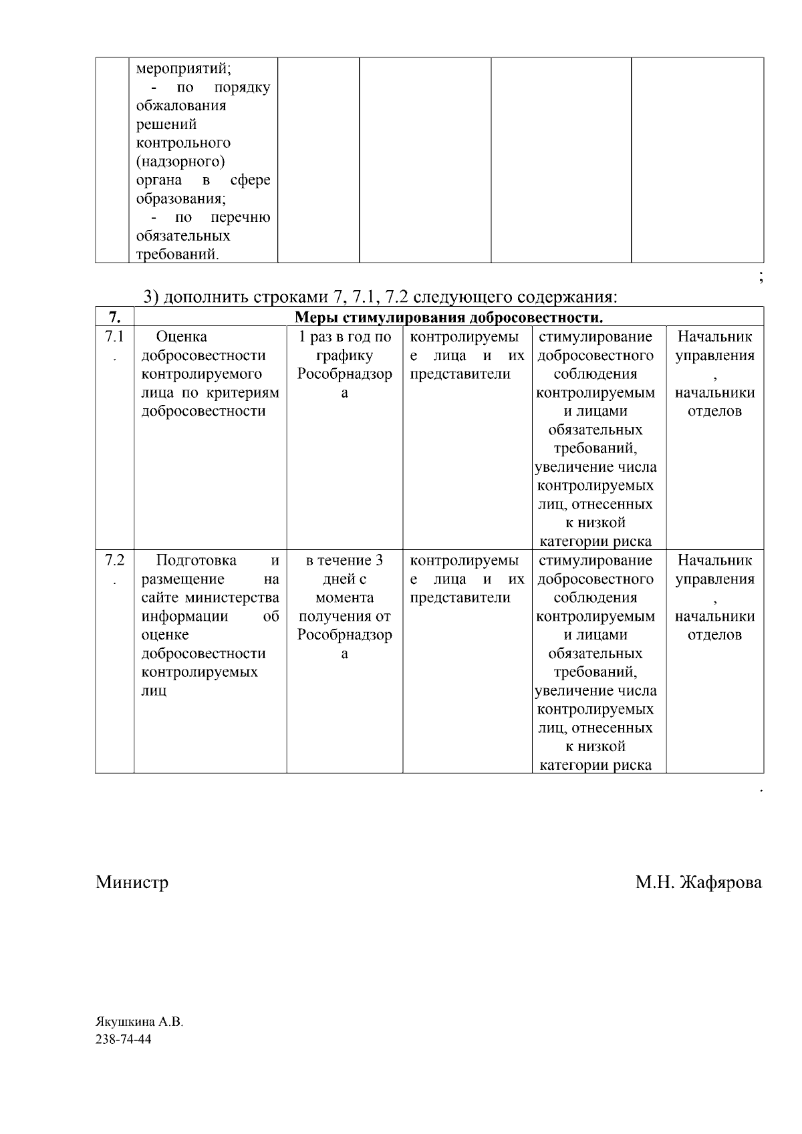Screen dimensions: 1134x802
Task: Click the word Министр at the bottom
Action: pos(132,883)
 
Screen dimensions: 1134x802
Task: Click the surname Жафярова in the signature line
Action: pos(720,883)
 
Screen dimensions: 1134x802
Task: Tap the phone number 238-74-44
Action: pos(124,1040)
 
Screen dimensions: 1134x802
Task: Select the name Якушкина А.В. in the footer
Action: pos(139,1022)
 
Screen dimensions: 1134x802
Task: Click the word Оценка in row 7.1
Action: pos(181,337)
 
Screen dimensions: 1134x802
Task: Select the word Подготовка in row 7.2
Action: pos(196,561)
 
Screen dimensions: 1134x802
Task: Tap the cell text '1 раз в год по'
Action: pos(344,337)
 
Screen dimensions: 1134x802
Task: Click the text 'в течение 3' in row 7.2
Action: pos(344,561)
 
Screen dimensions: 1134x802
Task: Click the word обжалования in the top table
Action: pos(181,106)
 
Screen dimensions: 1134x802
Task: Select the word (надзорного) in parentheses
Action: pos(180,162)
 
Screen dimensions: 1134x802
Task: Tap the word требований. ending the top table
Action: pos(178,255)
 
